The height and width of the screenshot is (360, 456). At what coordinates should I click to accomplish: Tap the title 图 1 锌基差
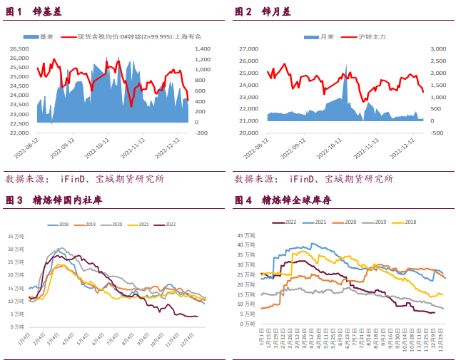[x=34, y=12]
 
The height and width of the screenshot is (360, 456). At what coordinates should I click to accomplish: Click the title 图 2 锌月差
[x=263, y=12]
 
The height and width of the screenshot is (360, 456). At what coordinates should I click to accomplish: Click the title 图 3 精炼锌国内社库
[x=54, y=201]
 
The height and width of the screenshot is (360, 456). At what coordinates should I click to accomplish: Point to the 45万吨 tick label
[x=246, y=235]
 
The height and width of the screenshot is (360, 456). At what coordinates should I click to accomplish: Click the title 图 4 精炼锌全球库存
[x=283, y=201]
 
